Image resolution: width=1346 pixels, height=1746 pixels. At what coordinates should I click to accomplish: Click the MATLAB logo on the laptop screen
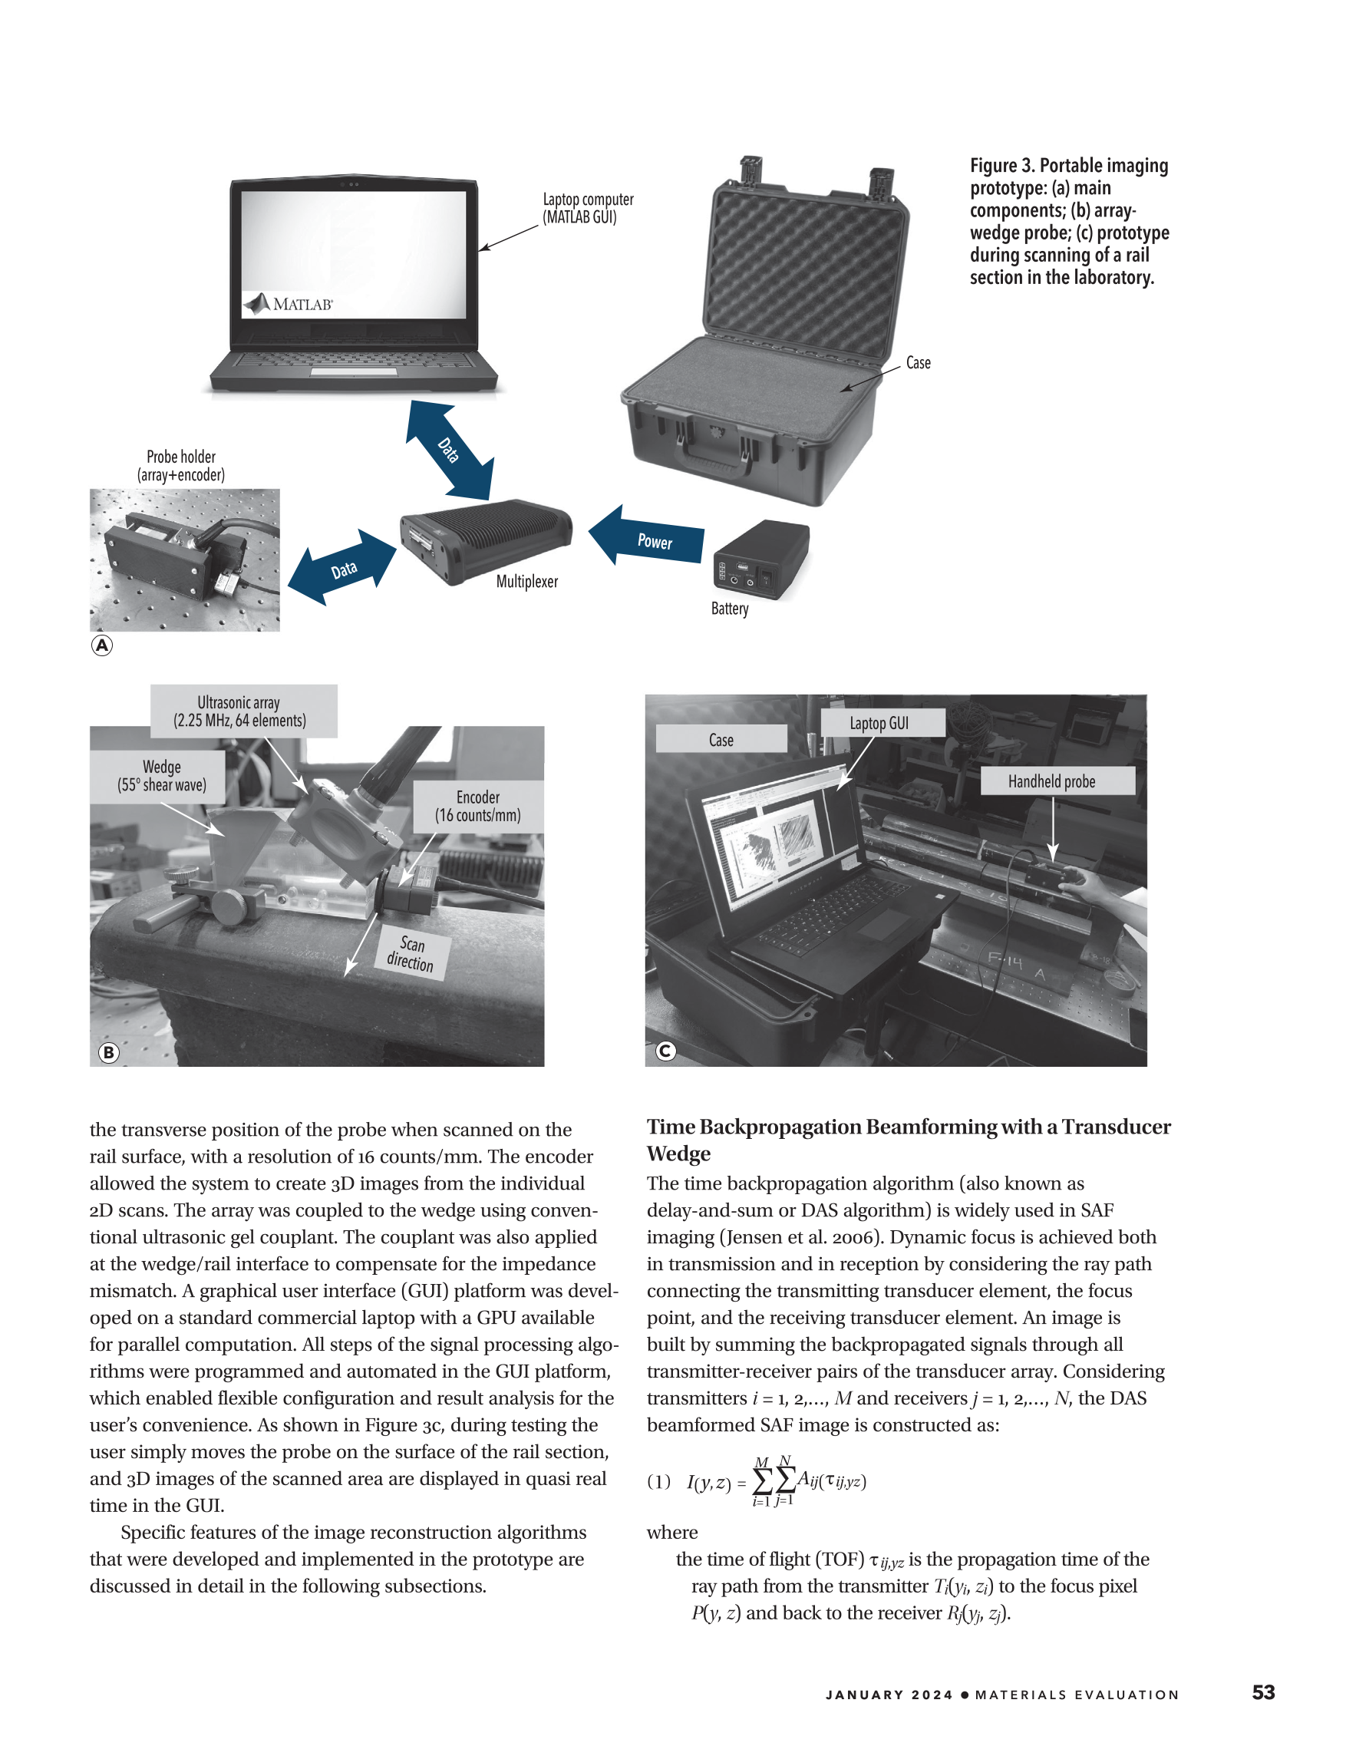point(289,304)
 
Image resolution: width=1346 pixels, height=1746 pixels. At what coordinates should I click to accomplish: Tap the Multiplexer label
point(526,582)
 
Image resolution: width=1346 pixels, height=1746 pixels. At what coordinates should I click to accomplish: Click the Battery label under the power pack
point(730,609)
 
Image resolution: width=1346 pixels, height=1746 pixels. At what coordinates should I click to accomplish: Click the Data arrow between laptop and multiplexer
point(450,450)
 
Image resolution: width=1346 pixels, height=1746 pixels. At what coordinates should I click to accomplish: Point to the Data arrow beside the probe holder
point(343,568)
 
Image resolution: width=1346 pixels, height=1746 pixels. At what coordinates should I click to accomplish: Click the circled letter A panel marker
point(102,645)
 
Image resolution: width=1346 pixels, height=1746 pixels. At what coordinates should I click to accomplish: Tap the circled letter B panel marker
point(109,1052)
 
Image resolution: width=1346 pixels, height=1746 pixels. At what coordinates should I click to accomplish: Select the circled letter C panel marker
point(665,1051)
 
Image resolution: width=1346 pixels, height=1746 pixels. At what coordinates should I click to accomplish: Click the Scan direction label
point(411,954)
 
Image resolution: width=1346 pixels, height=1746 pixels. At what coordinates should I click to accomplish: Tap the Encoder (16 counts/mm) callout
point(478,806)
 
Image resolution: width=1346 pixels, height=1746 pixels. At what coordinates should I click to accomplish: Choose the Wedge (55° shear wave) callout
point(162,776)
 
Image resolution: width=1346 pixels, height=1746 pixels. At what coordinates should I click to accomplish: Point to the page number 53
point(1263,1692)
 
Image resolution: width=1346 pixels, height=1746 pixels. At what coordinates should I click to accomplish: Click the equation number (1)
point(658,1481)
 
